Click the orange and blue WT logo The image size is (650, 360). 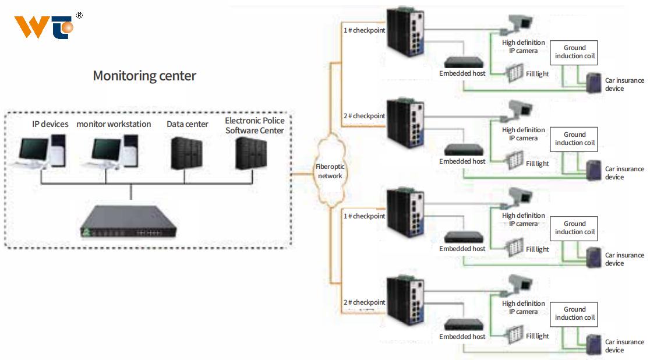pos(44,27)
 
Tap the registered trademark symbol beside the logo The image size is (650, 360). pos(79,16)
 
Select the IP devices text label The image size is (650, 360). pos(50,124)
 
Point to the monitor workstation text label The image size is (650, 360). pos(114,124)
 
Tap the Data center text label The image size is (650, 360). pos(188,124)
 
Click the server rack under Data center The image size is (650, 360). pos(186,153)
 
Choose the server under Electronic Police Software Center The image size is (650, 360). pos(251,153)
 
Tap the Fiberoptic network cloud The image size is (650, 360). pos(330,171)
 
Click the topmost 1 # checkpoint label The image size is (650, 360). pos(364,30)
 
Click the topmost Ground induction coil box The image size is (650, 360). pos(574,52)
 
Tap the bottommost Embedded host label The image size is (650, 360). pos(462,337)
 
